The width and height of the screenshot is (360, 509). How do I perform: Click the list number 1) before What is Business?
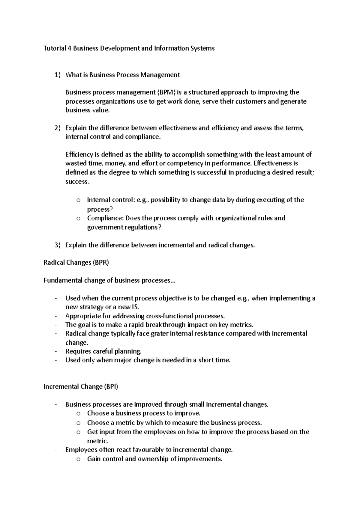coord(57,75)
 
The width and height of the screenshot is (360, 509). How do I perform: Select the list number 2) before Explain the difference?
coord(57,128)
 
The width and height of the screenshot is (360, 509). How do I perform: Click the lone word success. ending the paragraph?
coord(77,182)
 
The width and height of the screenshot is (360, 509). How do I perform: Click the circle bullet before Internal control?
coord(78,200)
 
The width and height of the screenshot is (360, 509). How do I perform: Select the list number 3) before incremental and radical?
coord(57,245)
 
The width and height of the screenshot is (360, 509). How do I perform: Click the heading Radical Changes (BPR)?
coord(76,263)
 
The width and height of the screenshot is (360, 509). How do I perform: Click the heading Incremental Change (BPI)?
coord(81,387)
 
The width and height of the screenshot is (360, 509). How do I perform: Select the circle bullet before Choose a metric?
coord(78,423)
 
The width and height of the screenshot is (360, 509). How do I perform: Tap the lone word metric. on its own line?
coord(97,441)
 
